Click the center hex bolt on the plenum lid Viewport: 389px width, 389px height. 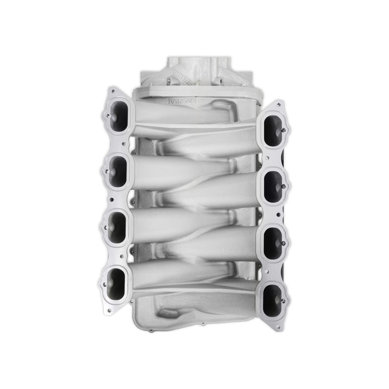(197, 85)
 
